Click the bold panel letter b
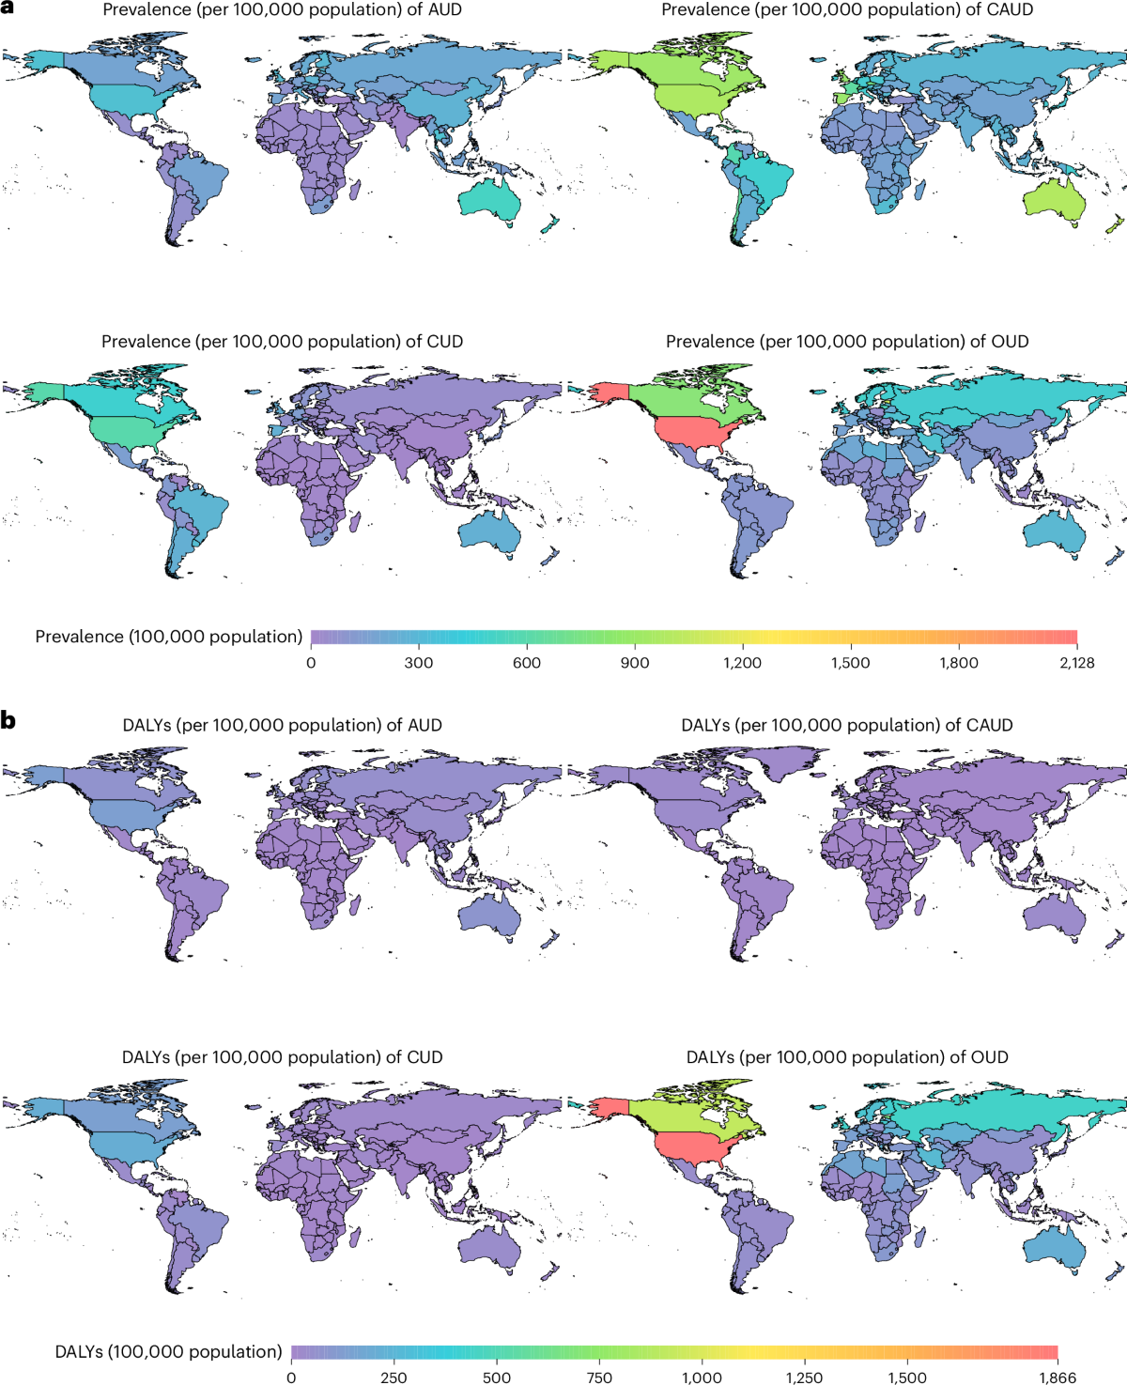[x=8, y=721]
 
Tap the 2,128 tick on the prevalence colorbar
[x=1076, y=663]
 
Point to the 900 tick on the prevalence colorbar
[x=635, y=663]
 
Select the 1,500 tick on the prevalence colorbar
[x=850, y=663]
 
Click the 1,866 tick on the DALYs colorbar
[x=1058, y=1377]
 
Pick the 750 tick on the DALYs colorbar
[x=599, y=1377]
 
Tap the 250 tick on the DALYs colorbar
[x=394, y=1377]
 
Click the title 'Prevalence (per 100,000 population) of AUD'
[x=282, y=10]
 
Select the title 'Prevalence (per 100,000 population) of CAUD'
[x=847, y=10]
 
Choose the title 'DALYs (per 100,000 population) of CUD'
[x=282, y=1057]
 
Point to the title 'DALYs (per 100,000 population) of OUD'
[x=847, y=1057]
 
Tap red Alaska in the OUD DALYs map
[x=601, y=1108]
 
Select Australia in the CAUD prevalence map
[x=1054, y=199]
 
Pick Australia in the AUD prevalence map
[x=489, y=199]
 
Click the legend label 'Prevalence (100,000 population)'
[x=169, y=637]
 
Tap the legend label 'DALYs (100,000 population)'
[x=168, y=1352]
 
